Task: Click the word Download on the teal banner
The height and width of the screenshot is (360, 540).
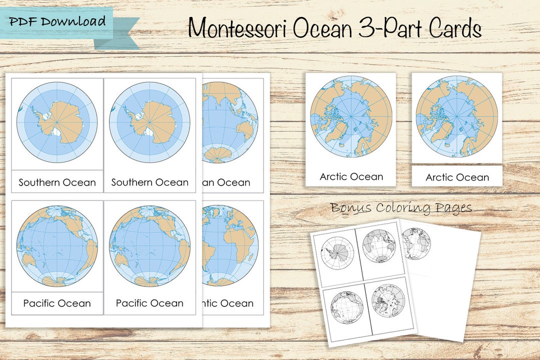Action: point(74,21)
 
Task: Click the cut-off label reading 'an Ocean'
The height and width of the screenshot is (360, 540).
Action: point(226,182)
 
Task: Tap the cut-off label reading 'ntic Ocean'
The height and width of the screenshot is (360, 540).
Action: point(227,303)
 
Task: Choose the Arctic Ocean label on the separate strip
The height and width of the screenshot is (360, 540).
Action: point(457,177)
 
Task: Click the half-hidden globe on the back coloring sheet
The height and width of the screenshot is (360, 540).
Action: point(416,243)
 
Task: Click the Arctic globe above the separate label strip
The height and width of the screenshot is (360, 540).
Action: point(456,116)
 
